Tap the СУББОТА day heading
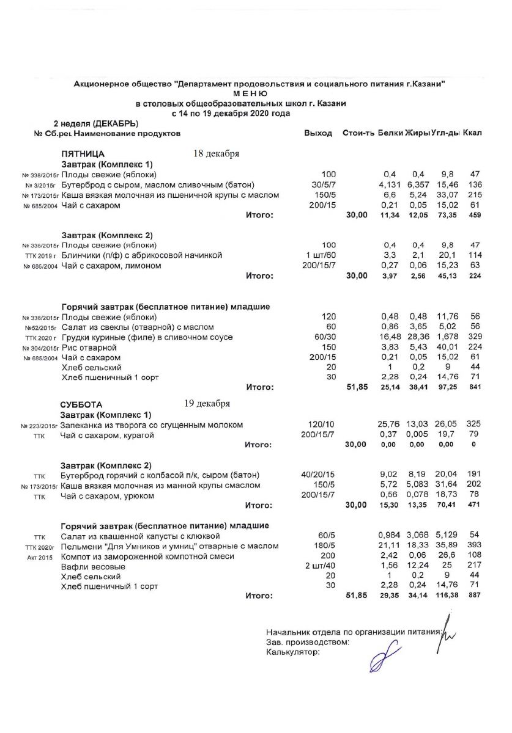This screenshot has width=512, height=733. (81, 405)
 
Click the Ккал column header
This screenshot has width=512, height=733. (472, 133)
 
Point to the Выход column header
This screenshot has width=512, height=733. (318, 133)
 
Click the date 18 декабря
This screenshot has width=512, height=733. (216, 153)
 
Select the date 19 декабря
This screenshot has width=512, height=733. (207, 404)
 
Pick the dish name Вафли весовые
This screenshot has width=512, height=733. (91, 567)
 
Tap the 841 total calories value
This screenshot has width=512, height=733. (473, 387)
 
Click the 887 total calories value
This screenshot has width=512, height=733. (473, 596)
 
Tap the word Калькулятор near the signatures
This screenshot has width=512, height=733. (293, 652)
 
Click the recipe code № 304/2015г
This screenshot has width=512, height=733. (40, 348)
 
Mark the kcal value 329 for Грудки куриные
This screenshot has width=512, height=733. (473, 337)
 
